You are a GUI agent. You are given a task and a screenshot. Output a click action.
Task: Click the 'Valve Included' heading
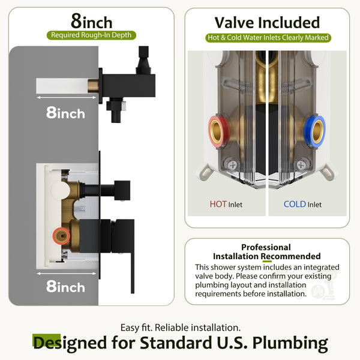coord(267,23)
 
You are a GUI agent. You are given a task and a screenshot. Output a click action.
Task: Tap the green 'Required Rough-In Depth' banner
coord(91,35)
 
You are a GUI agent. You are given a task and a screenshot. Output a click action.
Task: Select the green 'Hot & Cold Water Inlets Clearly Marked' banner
coord(268,38)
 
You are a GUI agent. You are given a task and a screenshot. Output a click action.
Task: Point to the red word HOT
coord(218,204)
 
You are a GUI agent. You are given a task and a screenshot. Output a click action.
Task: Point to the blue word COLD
coord(295,204)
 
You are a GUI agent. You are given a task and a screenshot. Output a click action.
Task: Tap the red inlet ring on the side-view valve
coord(61,236)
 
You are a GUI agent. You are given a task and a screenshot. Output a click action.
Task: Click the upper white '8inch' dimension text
coord(65,113)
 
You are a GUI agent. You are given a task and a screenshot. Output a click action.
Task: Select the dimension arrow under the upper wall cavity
coord(67,98)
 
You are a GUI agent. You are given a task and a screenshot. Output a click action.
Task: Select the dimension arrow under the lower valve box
coord(67,274)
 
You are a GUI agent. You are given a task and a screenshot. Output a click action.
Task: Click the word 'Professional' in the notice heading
coord(266,247)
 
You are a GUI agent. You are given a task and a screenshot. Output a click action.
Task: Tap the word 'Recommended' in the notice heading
coord(290,256)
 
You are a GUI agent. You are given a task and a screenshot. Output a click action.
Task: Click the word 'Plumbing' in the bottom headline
coord(290,343)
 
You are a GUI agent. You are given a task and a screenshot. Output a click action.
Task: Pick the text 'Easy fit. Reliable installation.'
coord(181,328)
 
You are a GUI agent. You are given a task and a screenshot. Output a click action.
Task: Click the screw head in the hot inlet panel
coord(233,164)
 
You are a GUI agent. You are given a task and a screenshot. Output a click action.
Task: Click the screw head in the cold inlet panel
coord(301,164)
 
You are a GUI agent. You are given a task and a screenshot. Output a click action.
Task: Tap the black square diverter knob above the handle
coord(122,190)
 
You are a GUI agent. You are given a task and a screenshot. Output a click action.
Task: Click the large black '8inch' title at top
coord(91,21)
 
